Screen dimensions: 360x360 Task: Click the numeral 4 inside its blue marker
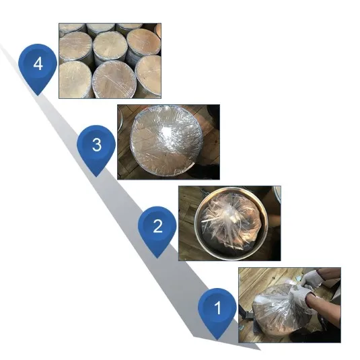[x=38, y=64]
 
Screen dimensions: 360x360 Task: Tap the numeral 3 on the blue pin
[x=97, y=145]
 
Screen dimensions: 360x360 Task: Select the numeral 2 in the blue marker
[x=157, y=226]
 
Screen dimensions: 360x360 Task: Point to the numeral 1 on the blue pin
[x=217, y=308]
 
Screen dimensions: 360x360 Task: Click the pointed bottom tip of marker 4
[x=38, y=96]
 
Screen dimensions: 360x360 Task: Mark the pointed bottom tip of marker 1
[x=217, y=339]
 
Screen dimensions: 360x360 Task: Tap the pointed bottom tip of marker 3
[x=96, y=176]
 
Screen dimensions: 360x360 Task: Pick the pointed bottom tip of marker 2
[x=157, y=258]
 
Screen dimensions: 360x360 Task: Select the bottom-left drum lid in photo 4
[x=76, y=79]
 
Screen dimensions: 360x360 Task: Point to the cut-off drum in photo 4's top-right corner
[x=158, y=30]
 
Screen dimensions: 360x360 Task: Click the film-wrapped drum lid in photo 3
[x=166, y=141]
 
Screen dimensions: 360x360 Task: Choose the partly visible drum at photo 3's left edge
[x=120, y=123]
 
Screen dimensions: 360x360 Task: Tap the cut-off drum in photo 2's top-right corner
[x=277, y=194]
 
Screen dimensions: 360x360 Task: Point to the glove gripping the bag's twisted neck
[x=301, y=294]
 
